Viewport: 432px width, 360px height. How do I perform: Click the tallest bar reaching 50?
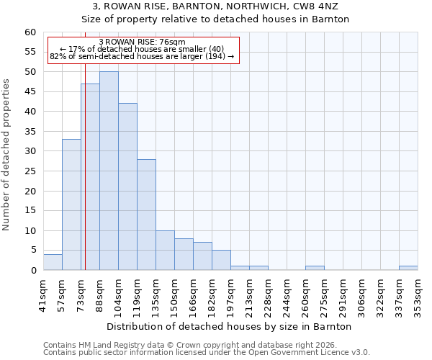click(x=109, y=171)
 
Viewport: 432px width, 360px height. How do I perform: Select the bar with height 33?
click(x=71, y=204)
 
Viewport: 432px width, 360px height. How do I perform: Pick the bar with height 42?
click(x=127, y=186)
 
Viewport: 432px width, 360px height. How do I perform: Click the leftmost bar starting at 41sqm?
click(x=53, y=262)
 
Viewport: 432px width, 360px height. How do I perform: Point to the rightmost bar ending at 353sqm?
click(x=408, y=268)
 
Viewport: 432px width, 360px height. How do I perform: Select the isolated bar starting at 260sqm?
click(x=315, y=268)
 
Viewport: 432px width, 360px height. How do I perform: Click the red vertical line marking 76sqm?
click(x=85, y=166)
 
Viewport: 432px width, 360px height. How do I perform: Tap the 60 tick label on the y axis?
click(x=30, y=32)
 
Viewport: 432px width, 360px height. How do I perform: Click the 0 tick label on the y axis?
click(x=32, y=271)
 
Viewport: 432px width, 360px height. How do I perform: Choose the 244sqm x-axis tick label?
click(x=287, y=296)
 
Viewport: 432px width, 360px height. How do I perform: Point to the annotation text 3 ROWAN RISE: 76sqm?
click(x=142, y=42)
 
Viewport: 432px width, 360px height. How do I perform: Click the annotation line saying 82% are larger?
click(x=142, y=56)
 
